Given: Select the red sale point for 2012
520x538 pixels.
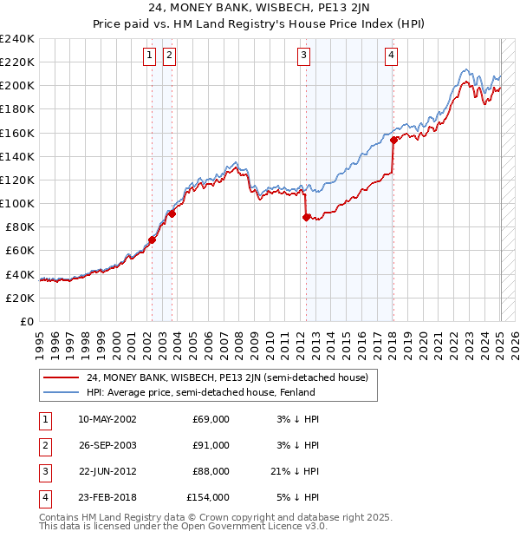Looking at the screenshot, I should click(306, 218).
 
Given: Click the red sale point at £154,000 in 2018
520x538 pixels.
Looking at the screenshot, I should click(393, 140).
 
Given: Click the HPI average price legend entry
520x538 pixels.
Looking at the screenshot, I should click(200, 392).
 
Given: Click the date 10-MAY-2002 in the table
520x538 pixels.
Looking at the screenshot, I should click(107, 419).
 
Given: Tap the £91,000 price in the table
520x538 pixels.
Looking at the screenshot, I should click(211, 445).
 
